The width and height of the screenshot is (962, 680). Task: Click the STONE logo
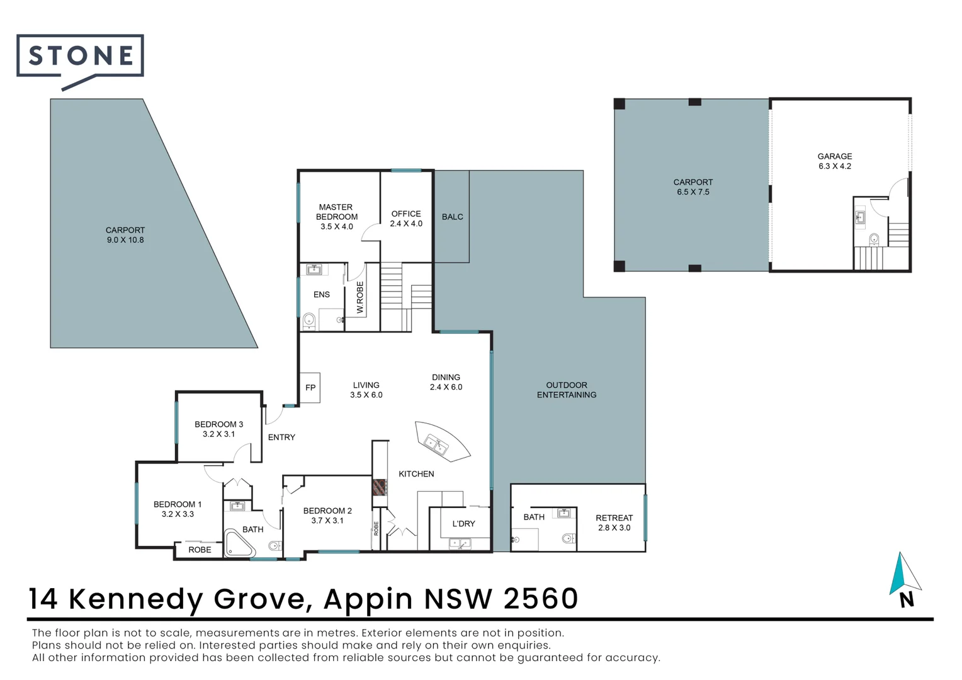[x=81, y=57]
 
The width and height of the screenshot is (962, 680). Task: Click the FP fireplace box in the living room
[x=310, y=387]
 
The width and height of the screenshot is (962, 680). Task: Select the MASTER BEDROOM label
[x=336, y=212]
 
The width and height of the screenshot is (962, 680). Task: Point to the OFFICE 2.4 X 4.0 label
[x=406, y=218]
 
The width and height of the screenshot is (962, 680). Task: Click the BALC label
[x=452, y=217]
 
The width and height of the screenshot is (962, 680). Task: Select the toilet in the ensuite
[x=308, y=320]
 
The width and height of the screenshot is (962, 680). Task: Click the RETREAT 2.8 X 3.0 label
[x=614, y=523]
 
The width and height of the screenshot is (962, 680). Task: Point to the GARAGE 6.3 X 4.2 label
[x=835, y=161]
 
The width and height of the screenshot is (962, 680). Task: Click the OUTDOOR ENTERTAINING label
[x=567, y=390]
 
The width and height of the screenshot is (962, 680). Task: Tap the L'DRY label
[x=463, y=524]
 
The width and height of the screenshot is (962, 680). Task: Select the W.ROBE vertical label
[x=360, y=297]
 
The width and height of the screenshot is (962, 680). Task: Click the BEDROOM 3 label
[x=218, y=424]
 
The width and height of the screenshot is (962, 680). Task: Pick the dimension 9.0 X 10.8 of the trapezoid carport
[x=125, y=240]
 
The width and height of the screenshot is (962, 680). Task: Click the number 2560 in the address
[x=541, y=599]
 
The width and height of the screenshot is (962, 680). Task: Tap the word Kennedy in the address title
[x=135, y=599]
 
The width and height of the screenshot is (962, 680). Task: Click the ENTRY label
[x=281, y=437]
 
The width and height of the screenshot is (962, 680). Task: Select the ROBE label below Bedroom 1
[x=200, y=550]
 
